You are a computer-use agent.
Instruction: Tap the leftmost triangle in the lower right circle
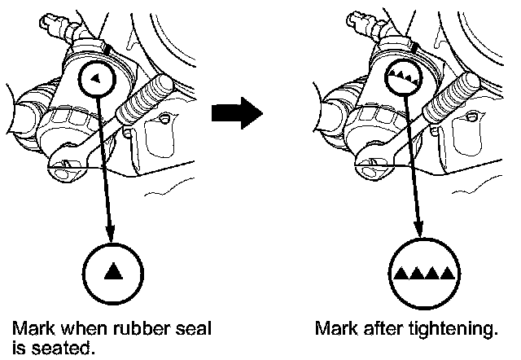click(x=401, y=272)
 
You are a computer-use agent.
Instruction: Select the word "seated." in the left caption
click(x=60, y=349)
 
